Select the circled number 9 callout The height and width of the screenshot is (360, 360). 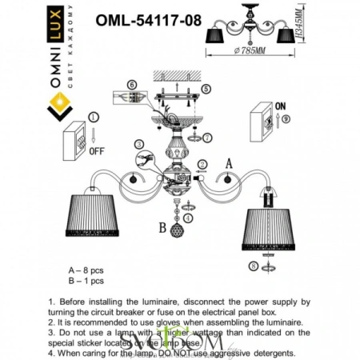[x=286, y=118]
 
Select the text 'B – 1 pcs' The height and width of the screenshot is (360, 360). [x=88, y=282]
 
